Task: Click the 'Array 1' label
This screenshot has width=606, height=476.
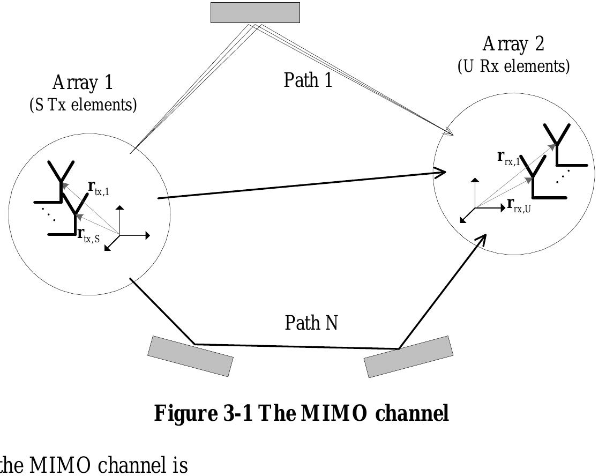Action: pos(83,83)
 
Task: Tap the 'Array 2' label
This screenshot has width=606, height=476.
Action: pos(513,44)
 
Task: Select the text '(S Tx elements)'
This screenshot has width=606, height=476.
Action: pos(83,105)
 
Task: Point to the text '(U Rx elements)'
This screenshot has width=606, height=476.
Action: pos(513,66)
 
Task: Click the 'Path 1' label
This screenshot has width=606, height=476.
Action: pos(308,80)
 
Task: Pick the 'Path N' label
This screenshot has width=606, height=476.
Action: pos(311,323)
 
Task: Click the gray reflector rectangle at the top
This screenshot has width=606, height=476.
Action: pos(255,13)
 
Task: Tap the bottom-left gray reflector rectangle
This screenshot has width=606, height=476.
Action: pos(191,356)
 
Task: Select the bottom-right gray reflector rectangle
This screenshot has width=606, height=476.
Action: pos(409,356)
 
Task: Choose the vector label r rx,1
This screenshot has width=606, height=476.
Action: pos(509,157)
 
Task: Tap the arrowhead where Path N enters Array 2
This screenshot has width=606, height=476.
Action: pos(482,238)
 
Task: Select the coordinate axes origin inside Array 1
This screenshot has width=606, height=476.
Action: pos(119,235)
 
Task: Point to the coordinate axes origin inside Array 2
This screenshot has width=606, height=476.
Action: pos(475,207)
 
